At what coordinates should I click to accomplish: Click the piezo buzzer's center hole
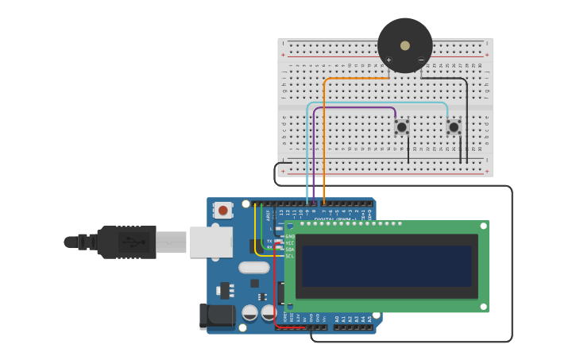pyautogui.click(x=405, y=45)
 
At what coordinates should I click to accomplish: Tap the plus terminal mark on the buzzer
pyautogui.click(x=389, y=60)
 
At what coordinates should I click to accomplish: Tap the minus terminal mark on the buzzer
pyautogui.click(x=421, y=60)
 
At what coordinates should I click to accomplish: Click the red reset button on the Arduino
pyautogui.click(x=223, y=211)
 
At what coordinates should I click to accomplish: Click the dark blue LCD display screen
pyautogui.click(x=387, y=266)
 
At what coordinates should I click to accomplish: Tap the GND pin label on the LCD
pyautogui.click(x=290, y=236)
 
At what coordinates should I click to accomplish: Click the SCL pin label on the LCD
pyautogui.click(x=290, y=256)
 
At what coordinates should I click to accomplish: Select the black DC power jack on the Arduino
pyautogui.click(x=216, y=315)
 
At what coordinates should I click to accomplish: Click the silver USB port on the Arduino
pyautogui.click(x=211, y=242)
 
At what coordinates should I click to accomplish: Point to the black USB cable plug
pyautogui.click(x=127, y=242)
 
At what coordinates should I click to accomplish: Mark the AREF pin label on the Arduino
pyautogui.click(x=269, y=214)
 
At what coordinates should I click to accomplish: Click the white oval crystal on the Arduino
pyautogui.click(x=253, y=268)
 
